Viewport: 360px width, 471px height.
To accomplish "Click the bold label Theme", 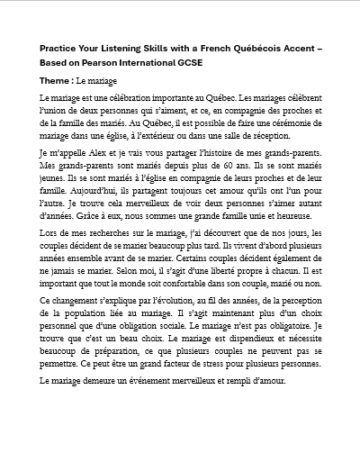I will pyautogui.click(x=55, y=81).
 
